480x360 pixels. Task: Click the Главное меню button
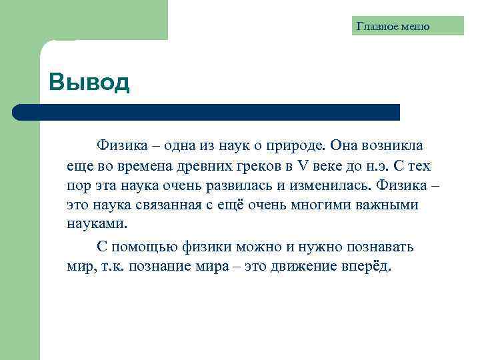pyautogui.click(x=393, y=27)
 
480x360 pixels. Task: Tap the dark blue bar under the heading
pyautogui.click(x=207, y=112)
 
